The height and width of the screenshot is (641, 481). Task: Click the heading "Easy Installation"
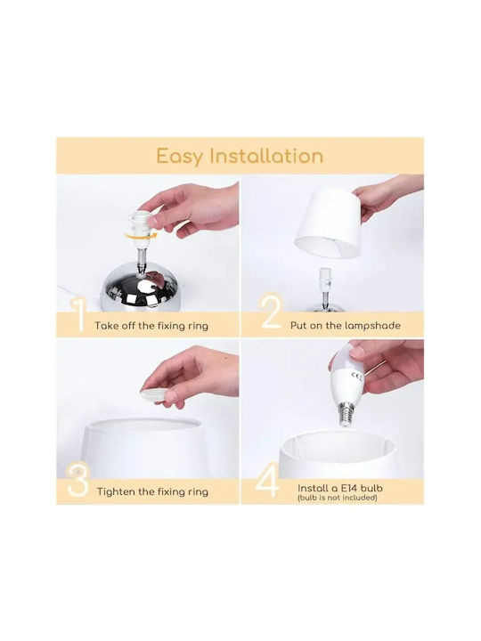pos(240,157)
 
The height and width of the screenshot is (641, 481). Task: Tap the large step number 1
pos(78,315)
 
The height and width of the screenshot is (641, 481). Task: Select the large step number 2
pos(272,312)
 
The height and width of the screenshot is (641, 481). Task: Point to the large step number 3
pos(78,480)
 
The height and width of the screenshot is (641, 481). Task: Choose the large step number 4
pos(268,480)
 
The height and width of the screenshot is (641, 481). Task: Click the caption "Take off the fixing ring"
pos(151,326)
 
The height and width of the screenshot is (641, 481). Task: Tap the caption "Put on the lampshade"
pos(346,326)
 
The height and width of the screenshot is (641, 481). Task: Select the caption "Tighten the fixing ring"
pos(152,491)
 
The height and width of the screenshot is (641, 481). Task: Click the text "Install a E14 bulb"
pos(340,488)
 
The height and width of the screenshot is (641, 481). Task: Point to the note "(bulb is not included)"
pos(338,498)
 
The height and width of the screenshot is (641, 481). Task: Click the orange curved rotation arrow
pos(141,236)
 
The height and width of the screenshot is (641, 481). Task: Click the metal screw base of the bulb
pos(346,414)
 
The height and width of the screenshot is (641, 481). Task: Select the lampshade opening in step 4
pos(338,443)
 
